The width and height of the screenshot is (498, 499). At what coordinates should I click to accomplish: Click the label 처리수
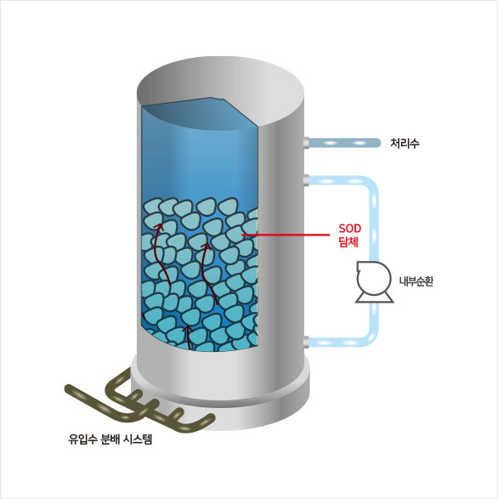tap(405, 144)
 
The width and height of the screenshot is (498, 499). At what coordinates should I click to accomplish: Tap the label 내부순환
tap(416, 281)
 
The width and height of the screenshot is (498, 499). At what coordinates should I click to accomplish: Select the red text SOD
tap(350, 229)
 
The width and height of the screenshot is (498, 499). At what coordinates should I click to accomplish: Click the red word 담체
tap(348, 242)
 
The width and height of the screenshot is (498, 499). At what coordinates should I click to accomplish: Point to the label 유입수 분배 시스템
tap(110, 439)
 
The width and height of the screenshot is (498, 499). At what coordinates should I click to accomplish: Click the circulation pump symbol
tap(374, 281)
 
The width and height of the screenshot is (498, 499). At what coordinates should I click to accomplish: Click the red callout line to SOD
tap(286, 235)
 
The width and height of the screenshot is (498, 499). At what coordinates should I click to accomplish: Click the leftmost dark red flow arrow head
tap(158, 226)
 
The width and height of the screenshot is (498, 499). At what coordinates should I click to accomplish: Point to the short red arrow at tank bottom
tap(189, 337)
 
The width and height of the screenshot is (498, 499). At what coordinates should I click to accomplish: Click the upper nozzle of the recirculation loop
tap(306, 180)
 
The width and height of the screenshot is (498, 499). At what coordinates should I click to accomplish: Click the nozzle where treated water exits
tap(306, 143)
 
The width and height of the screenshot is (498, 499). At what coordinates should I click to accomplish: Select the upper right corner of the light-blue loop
tap(371, 184)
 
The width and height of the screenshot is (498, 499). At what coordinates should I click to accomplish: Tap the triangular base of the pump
tap(374, 298)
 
